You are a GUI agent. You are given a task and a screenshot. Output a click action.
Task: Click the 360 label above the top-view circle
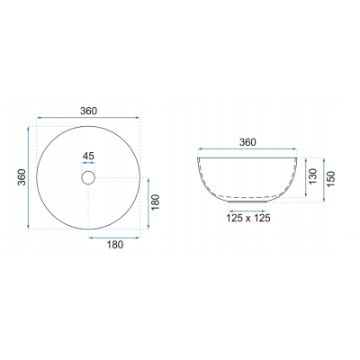88,111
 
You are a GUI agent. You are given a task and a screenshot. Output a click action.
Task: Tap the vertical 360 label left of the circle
22,177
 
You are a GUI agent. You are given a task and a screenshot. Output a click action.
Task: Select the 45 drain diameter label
88,156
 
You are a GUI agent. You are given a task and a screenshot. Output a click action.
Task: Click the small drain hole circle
88,178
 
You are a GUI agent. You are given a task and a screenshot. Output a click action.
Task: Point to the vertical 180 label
156,202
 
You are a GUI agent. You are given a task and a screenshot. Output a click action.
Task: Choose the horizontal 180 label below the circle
115,245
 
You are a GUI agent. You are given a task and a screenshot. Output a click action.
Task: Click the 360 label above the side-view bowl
247,142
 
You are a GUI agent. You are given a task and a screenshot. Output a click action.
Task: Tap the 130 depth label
313,176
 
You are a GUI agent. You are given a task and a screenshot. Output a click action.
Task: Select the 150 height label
330,179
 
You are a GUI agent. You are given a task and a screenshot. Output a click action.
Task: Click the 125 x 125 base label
248,218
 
